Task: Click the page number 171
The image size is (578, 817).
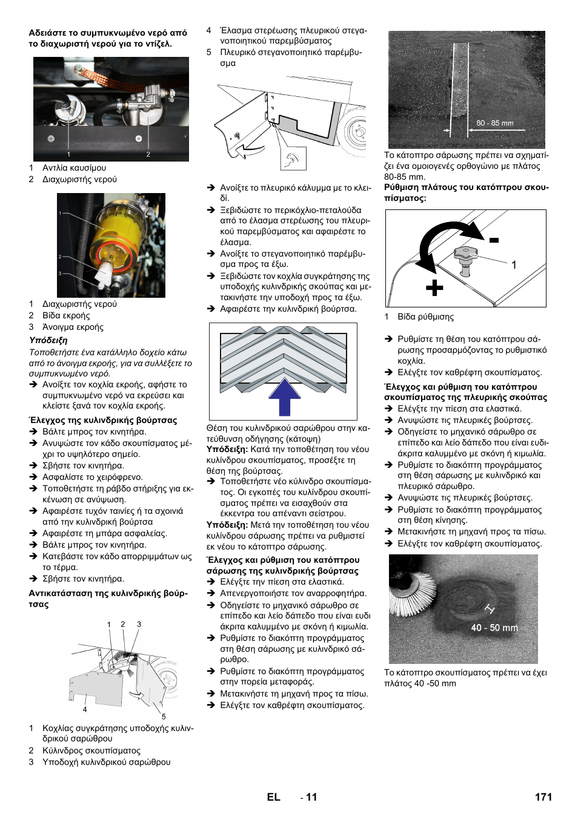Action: click(x=543, y=797)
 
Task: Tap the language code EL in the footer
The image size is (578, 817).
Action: click(x=273, y=797)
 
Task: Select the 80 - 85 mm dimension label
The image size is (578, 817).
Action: click(x=494, y=123)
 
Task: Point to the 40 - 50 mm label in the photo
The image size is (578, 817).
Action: click(x=494, y=628)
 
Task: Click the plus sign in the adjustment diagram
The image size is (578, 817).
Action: click(x=434, y=287)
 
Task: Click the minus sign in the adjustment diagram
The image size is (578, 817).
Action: click(x=494, y=240)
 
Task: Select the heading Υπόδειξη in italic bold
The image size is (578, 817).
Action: click(x=48, y=341)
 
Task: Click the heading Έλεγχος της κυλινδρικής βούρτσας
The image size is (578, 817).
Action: click(x=103, y=420)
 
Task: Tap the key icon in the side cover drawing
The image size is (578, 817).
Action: click(x=294, y=159)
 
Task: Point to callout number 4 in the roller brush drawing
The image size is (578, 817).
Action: click(x=85, y=709)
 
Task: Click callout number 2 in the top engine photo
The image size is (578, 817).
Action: click(x=148, y=154)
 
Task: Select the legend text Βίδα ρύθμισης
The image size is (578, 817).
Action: click(x=425, y=317)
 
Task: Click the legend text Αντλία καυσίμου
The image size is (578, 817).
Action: click(x=74, y=168)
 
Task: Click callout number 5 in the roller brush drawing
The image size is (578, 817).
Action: click(x=163, y=717)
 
